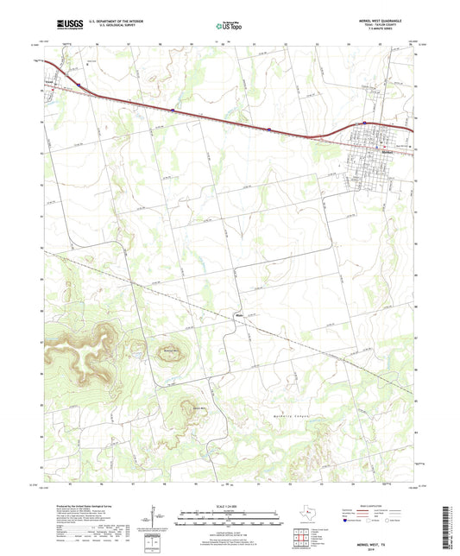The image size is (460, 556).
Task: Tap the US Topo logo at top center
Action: pos(229,27)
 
